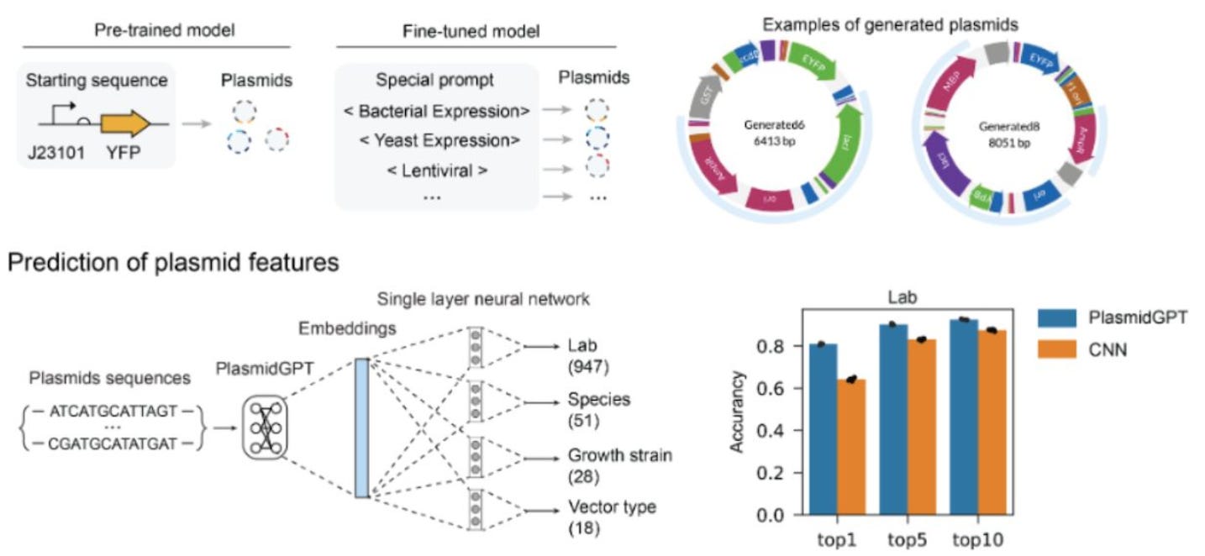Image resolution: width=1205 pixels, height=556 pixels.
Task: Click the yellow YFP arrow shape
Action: tap(124, 123)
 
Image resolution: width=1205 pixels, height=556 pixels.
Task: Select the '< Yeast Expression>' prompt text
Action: tap(435, 140)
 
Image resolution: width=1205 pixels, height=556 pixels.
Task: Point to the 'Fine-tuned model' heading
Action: tap(477, 31)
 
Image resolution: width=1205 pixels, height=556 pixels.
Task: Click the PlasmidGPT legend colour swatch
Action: tap(1055, 318)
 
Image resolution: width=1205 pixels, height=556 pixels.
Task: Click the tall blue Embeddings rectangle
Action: tap(361, 427)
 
